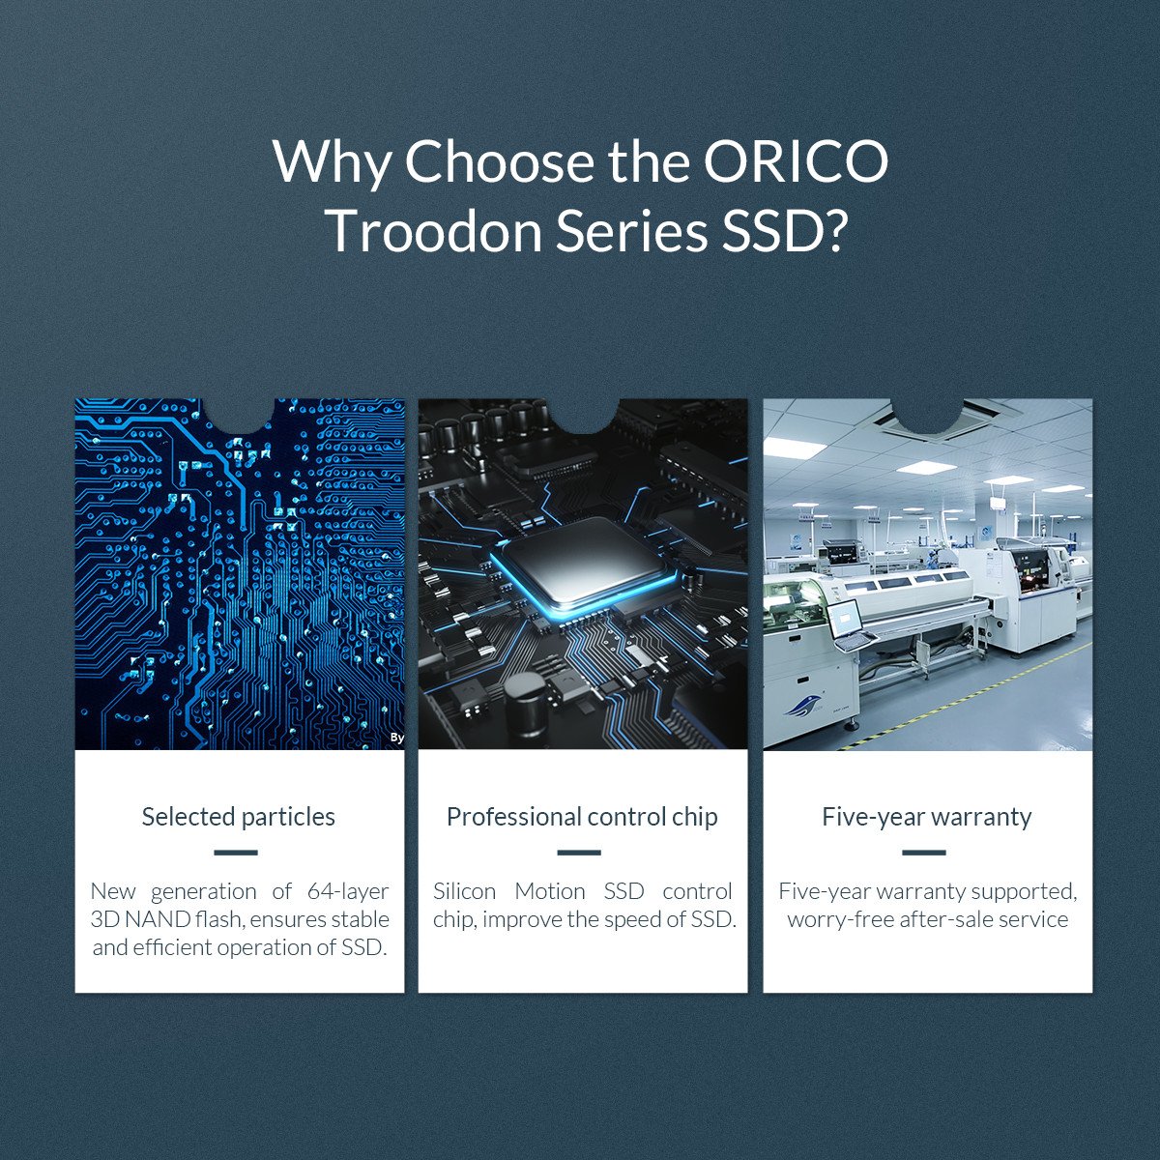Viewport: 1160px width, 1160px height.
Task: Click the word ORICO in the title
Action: [x=796, y=162]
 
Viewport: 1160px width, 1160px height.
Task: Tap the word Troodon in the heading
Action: [x=436, y=231]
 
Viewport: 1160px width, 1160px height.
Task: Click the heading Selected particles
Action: [x=239, y=817]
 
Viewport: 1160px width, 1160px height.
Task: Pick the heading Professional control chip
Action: [x=582, y=817]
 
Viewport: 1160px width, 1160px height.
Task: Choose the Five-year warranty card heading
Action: [x=927, y=817]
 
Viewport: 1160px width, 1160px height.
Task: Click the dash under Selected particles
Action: [x=235, y=853]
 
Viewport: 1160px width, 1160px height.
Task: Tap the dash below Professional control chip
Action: [x=579, y=853]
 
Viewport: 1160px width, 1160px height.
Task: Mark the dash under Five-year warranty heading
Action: [x=924, y=853]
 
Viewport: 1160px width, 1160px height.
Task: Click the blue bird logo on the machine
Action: [x=802, y=706]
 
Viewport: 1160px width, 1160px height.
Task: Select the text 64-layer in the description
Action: [x=348, y=892]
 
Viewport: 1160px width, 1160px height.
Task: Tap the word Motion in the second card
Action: [x=550, y=891]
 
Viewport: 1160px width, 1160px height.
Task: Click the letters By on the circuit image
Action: [x=396, y=738]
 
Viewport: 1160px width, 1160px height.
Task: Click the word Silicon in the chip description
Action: [x=464, y=891]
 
